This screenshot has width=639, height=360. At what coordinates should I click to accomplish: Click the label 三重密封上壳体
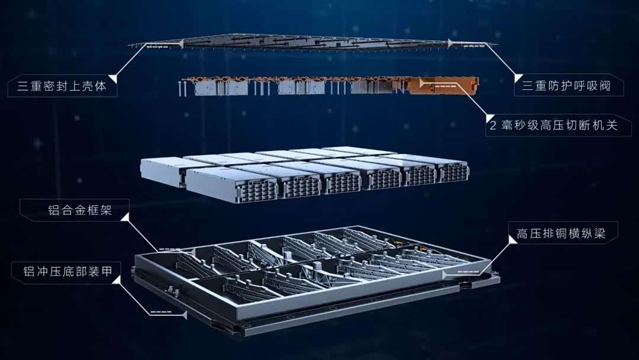62,86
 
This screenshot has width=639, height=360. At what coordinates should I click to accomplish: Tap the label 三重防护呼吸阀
566,86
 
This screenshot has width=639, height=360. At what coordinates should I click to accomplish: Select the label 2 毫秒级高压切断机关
554,125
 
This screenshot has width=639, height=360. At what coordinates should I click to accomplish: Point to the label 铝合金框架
80,210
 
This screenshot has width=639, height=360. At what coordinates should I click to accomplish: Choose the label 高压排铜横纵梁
561,234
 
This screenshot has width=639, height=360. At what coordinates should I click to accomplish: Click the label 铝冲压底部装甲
67,271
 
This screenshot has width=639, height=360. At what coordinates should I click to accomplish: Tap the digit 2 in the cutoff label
493,126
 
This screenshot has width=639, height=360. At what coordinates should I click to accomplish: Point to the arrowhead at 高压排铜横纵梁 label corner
512,240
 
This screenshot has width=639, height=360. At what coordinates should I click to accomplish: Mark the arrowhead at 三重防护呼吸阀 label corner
518,78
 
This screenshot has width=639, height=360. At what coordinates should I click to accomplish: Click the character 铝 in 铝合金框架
54,210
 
